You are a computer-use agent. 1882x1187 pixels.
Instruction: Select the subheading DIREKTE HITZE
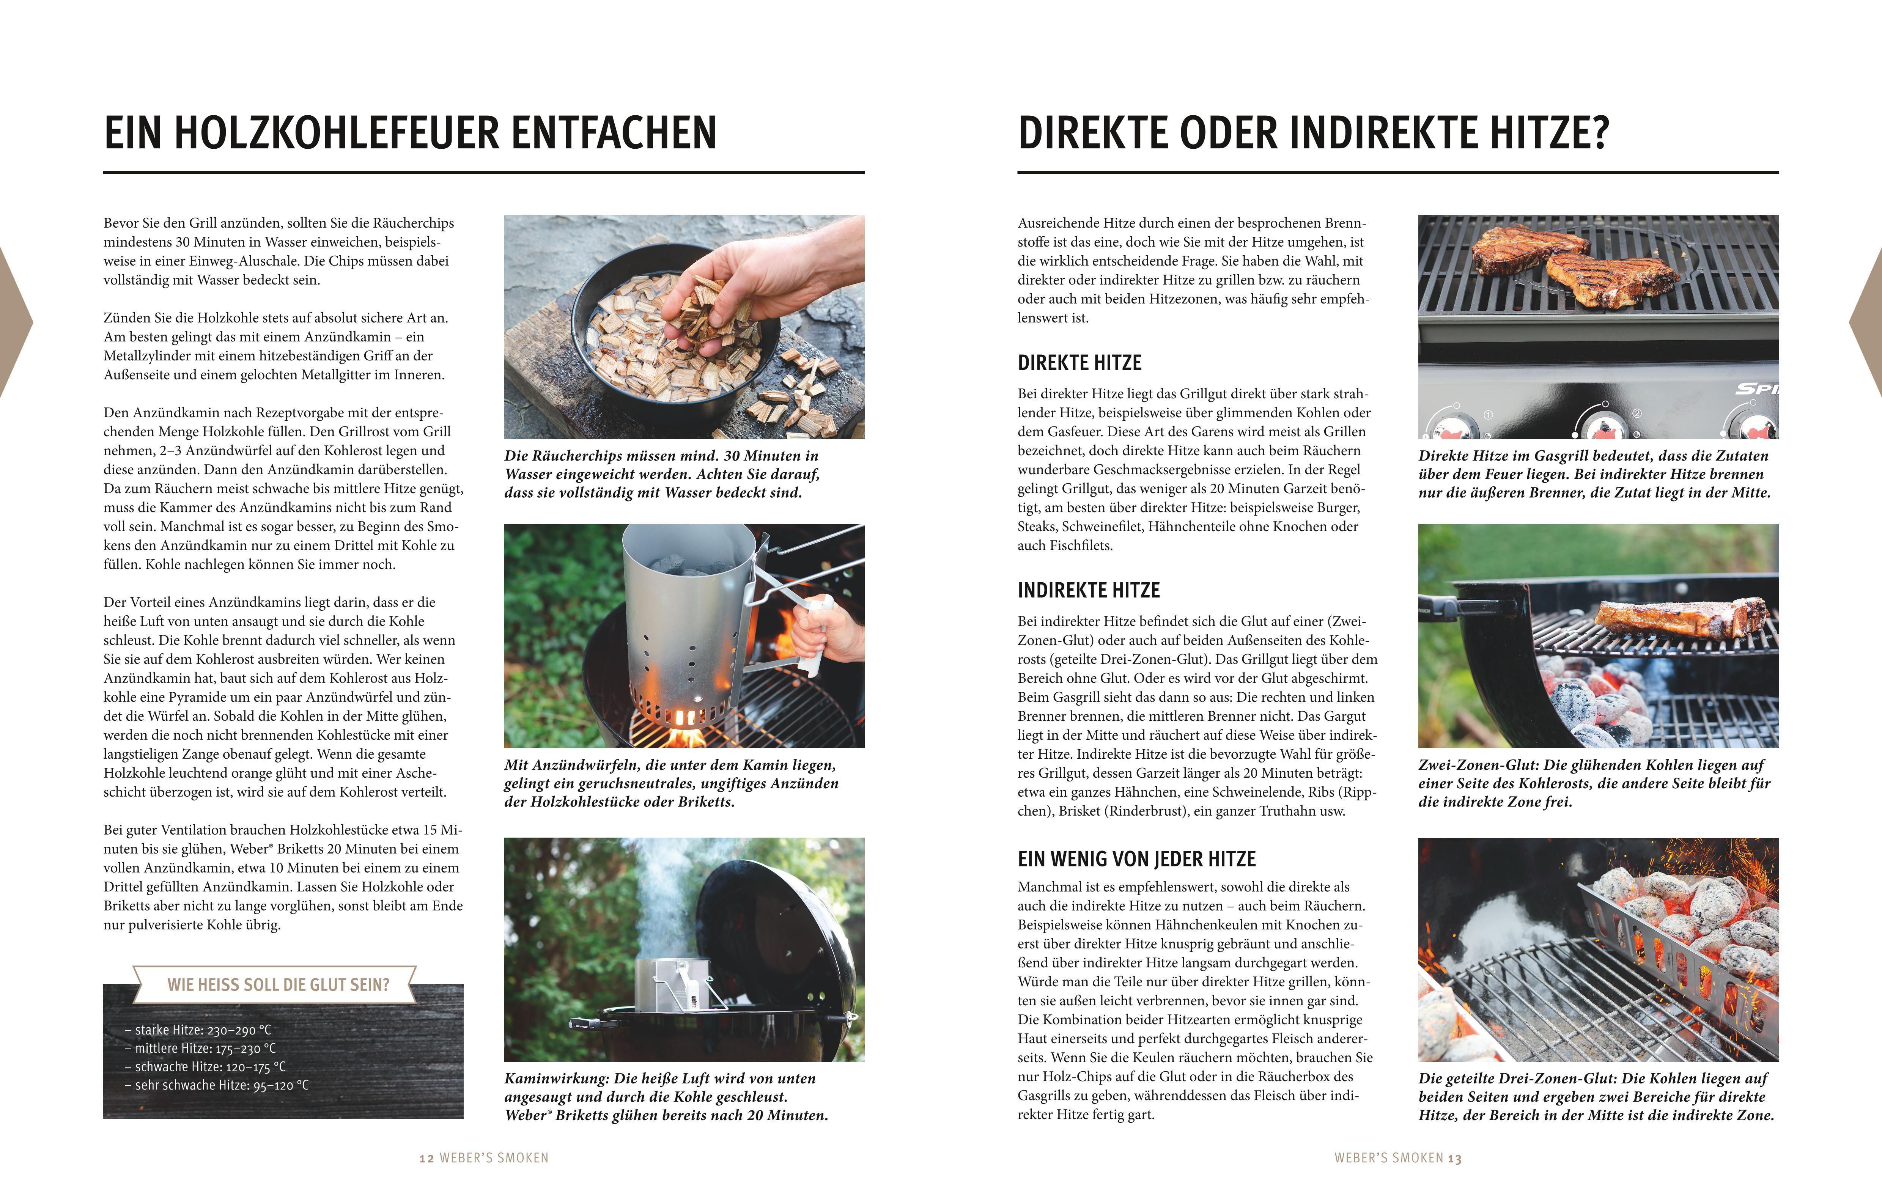1079,363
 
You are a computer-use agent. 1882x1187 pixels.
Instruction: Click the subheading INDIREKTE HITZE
1088,590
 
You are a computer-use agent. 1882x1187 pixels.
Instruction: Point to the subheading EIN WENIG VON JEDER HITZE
1136,859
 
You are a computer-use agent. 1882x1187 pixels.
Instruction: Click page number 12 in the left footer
426,1158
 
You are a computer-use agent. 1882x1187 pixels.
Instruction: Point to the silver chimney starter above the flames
688,617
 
